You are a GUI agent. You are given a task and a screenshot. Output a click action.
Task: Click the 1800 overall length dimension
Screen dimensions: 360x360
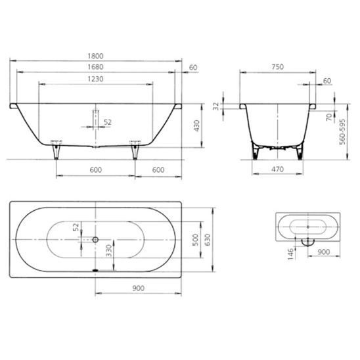[x=95, y=56]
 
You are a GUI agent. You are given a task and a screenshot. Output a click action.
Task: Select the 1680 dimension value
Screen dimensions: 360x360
[x=95, y=67]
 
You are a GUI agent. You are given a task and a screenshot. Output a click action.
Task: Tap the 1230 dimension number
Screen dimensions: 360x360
[x=95, y=79]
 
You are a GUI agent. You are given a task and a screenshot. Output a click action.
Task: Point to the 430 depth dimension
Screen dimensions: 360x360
[x=197, y=126]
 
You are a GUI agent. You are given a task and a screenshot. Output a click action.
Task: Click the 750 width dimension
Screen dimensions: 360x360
[x=278, y=67]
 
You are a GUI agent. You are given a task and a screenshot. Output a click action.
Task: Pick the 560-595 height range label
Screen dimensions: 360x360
[x=342, y=131]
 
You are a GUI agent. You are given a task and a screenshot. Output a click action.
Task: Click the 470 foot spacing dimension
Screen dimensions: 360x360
[x=277, y=169]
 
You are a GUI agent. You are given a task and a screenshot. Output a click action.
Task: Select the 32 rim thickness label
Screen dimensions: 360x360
[x=216, y=106]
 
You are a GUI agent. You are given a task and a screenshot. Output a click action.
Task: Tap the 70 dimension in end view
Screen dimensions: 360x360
[x=329, y=117]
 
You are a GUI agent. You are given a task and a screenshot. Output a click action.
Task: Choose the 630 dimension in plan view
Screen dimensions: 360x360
[x=208, y=240]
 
